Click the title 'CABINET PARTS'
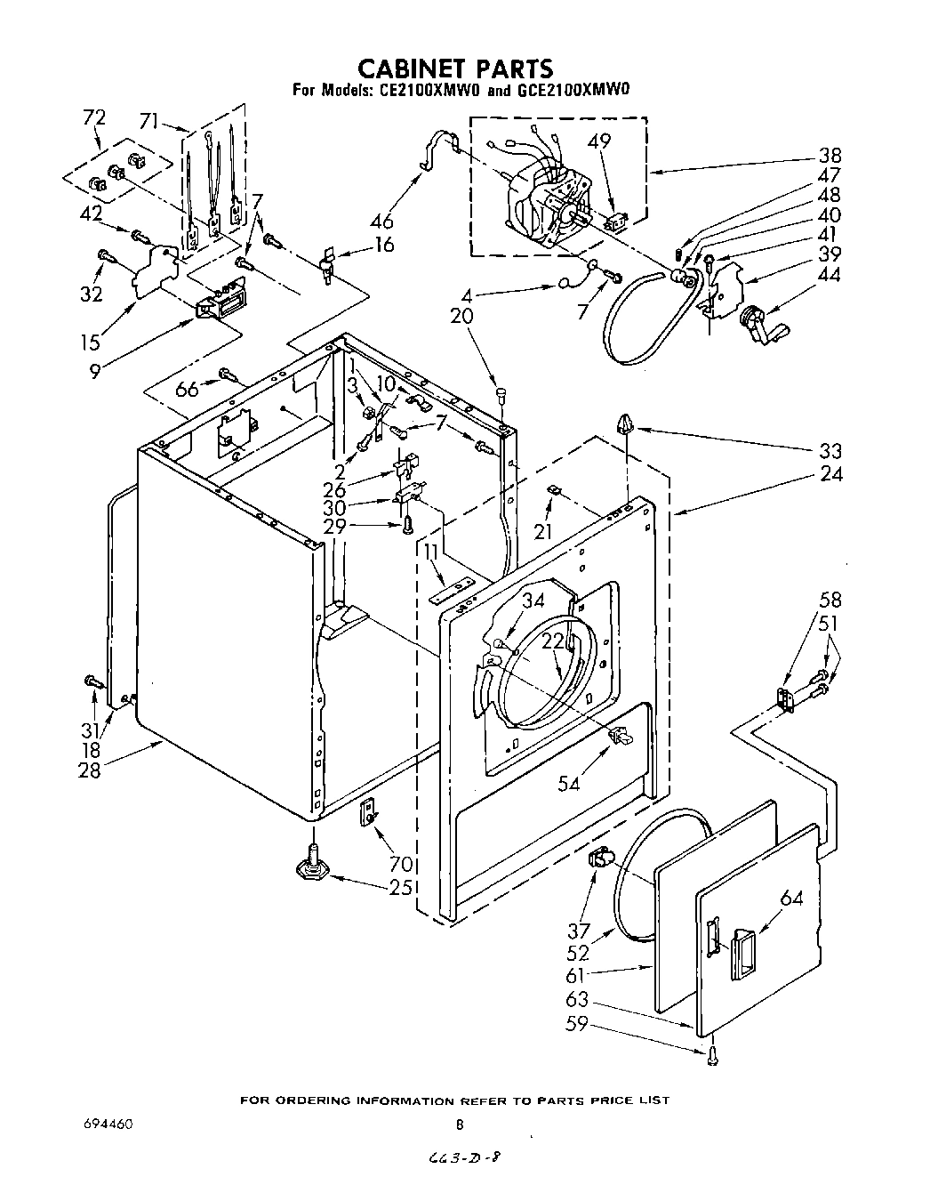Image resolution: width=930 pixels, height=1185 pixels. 454,68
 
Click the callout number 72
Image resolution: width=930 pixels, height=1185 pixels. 93,118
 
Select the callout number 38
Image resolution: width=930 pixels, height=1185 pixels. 830,155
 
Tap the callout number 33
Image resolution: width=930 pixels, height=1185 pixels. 830,451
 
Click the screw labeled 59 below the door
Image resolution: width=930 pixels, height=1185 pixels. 712,1055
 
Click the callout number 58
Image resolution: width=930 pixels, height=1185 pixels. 830,600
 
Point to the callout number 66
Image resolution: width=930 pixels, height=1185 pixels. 187,388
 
